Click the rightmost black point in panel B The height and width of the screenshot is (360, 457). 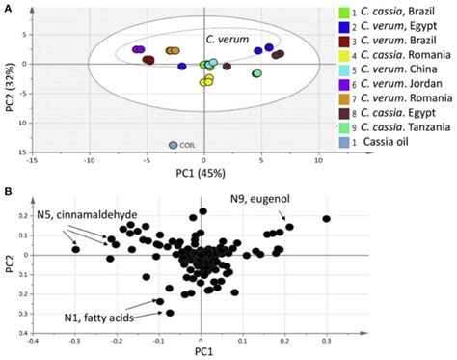326,219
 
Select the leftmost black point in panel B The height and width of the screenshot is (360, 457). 75,250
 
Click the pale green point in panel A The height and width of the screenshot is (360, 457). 256,73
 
